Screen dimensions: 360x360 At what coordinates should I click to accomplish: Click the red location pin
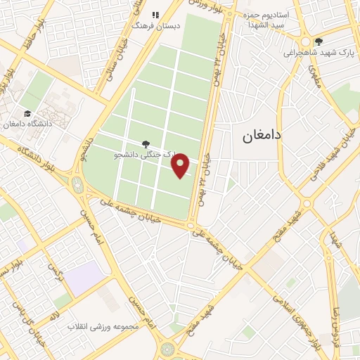[181, 166]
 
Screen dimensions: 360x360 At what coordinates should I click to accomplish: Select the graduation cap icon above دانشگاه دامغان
[27, 113]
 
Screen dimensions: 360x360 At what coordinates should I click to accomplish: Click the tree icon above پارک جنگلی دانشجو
[146, 143]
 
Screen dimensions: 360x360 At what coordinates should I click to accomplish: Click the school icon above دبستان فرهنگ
[156, 14]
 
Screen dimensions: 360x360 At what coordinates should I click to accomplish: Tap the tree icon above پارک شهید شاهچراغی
[319, 41]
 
